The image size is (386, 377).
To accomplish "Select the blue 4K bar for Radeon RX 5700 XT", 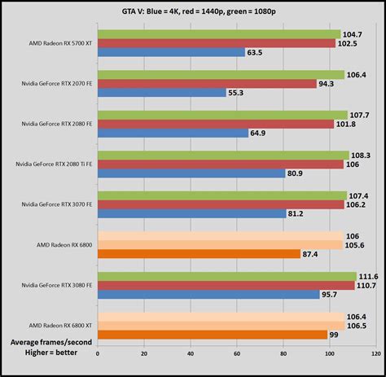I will pyautogui.click(x=171, y=53).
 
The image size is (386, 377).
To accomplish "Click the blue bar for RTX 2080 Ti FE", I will pyautogui.click(x=191, y=173).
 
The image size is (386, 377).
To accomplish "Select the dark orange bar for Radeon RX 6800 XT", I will pyautogui.click(x=213, y=334).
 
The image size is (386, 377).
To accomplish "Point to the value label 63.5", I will pyautogui.click(x=257, y=53).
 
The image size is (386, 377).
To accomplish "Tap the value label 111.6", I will pyautogui.click(x=369, y=276).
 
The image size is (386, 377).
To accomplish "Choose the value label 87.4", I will pyautogui.click(x=312, y=254).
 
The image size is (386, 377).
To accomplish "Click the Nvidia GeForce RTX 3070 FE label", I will pyautogui.click(x=54, y=204).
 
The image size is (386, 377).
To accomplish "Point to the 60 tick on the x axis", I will pyautogui.click(x=237, y=354).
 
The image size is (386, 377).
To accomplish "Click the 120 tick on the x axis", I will pyautogui.click(x=375, y=354).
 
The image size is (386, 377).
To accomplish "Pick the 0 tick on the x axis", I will pyautogui.click(x=98, y=354).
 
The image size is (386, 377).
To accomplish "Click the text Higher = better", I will pyautogui.click(x=48, y=353).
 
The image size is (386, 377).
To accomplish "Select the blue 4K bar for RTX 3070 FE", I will pyautogui.click(x=192, y=213).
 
